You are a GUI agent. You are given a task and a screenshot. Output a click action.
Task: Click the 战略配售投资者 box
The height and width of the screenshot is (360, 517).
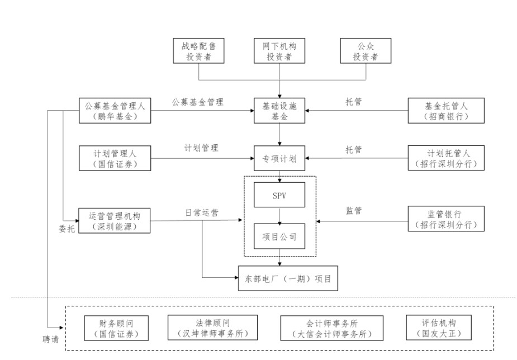pyautogui.click(x=198, y=51)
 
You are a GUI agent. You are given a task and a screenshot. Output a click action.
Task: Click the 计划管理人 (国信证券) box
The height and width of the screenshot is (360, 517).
pyautogui.click(x=115, y=158)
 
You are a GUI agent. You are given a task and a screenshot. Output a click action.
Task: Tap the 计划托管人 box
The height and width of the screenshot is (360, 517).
pyautogui.click(x=445, y=158)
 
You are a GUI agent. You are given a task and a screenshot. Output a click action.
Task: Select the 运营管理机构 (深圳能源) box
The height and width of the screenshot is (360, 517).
pyautogui.click(x=115, y=220)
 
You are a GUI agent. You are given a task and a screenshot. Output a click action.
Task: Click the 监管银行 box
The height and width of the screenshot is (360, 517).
pyautogui.click(x=445, y=218)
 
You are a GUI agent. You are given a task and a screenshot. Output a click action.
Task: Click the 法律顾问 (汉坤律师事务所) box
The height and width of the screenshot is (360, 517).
pyautogui.click(x=212, y=328)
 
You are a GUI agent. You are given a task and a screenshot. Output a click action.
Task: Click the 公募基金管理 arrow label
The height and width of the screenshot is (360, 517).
pyautogui.click(x=197, y=102)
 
